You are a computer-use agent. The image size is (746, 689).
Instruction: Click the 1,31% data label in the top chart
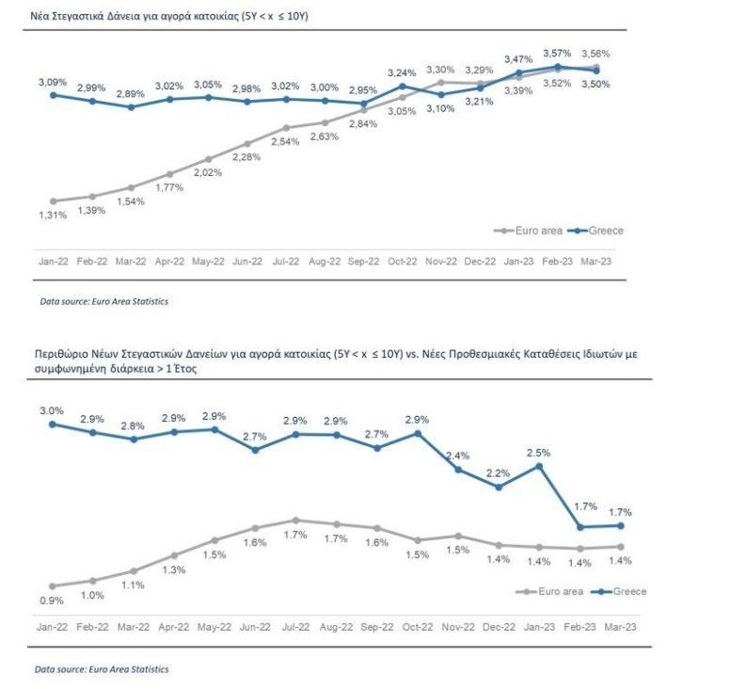pos(53,216)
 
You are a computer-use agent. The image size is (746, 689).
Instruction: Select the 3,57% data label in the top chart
pos(559,53)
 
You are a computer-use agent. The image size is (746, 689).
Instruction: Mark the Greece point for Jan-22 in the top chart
pos(53,94)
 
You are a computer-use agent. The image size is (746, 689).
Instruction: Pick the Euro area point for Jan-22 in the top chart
pos(53,200)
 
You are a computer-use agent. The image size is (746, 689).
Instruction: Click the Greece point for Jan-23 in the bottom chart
pos(539,465)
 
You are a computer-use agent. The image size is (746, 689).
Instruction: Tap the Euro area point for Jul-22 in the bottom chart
pos(296,520)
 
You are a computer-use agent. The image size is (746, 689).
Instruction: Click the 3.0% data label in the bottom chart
pos(52,410)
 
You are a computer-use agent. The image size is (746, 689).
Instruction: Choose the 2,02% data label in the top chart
pos(208,172)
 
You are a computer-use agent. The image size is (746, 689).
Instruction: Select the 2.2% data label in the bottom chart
pos(498,473)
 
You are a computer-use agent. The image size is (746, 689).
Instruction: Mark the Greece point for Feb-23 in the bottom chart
pos(579,527)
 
